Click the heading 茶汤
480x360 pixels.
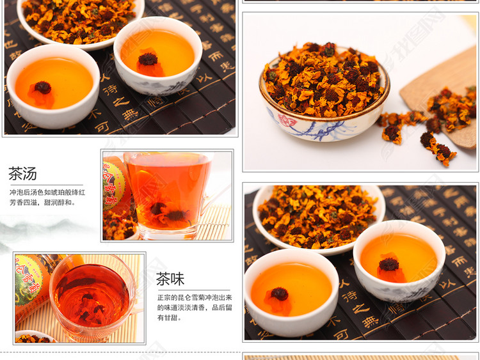point(22,173)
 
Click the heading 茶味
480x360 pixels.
point(170,279)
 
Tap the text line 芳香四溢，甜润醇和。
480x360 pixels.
point(42,203)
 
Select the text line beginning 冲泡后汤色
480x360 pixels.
point(47,192)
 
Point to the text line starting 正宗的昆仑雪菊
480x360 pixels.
point(196,297)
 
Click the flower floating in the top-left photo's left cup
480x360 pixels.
point(43,88)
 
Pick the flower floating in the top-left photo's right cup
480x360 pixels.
point(148,60)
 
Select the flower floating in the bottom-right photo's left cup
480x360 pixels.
point(279,294)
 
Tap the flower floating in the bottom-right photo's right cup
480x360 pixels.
point(388,264)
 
